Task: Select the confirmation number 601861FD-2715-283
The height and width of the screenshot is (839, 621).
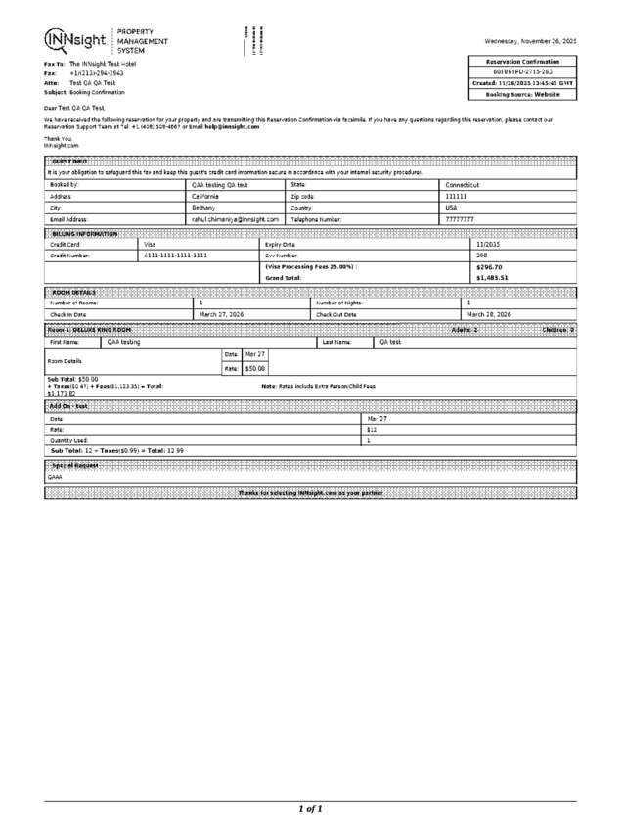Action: [525, 72]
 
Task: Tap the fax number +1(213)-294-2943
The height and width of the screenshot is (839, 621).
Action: [97, 73]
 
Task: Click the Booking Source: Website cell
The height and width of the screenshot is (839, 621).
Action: [525, 95]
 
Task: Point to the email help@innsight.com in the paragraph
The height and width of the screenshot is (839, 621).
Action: [234, 126]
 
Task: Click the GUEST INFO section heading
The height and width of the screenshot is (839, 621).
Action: [69, 160]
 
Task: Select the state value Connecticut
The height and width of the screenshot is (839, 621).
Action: [464, 184]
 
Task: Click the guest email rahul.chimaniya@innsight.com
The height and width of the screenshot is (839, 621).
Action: [235, 219]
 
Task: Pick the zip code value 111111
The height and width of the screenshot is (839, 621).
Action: [457, 196]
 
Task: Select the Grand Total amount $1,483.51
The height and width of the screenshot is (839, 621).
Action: [491, 278]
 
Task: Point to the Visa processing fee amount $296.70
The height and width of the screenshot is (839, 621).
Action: [489, 266]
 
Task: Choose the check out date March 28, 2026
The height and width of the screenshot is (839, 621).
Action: [489, 314]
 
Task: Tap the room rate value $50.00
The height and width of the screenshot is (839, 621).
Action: [255, 368]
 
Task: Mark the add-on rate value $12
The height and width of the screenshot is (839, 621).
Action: [372, 429]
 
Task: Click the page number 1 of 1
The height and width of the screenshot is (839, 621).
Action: [309, 809]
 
